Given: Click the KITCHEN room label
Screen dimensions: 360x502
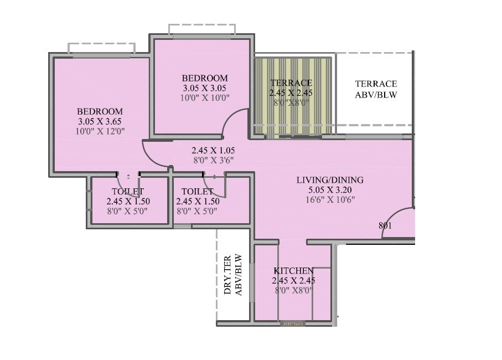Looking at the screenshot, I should click(293, 271).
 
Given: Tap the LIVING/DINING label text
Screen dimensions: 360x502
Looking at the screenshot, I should click(330, 180).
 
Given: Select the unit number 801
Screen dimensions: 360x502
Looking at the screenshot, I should click(386, 225).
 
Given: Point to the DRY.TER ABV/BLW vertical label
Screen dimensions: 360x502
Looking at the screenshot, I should click(233, 275).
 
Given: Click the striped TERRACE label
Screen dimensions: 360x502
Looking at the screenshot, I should click(291, 83).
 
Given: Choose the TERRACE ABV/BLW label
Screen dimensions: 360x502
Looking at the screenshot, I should click(376, 89).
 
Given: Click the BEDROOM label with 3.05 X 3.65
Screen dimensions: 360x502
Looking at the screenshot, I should click(100, 111).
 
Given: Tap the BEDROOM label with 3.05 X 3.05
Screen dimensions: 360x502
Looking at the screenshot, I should click(204, 78).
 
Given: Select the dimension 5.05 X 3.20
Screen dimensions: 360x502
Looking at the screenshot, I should click(330, 189).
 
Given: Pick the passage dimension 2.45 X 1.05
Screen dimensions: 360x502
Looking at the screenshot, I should click(213, 150).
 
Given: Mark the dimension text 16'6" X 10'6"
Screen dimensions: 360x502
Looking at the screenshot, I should click(330, 199).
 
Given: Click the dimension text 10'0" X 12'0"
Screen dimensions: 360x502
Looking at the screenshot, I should click(100, 131).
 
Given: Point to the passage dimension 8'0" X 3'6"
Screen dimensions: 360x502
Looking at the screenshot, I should click(213, 160).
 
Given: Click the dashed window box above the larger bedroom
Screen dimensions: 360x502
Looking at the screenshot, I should click(101, 48).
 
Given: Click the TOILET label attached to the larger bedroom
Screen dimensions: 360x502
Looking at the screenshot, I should click(128, 192).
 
